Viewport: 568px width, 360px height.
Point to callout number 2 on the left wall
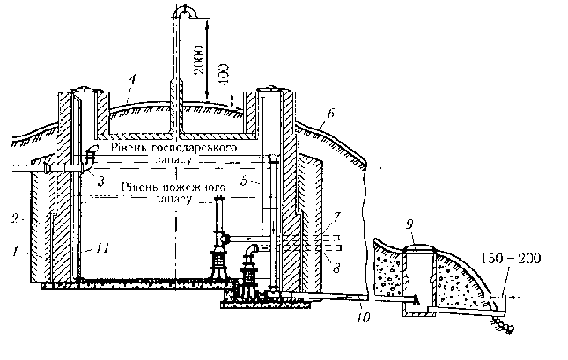point(15,216)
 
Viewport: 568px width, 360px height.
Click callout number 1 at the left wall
point(15,251)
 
